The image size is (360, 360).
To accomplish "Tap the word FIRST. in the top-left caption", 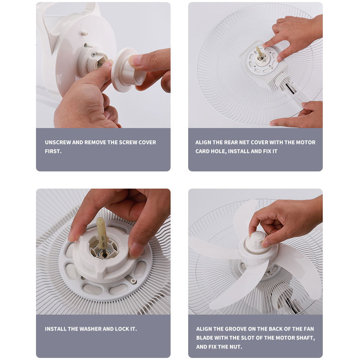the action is [x=53, y=151].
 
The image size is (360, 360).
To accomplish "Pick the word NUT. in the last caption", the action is [x=236, y=347].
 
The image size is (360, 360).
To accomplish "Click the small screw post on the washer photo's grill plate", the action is [x=133, y=281].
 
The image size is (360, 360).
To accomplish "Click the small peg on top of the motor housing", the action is [x=84, y=33].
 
